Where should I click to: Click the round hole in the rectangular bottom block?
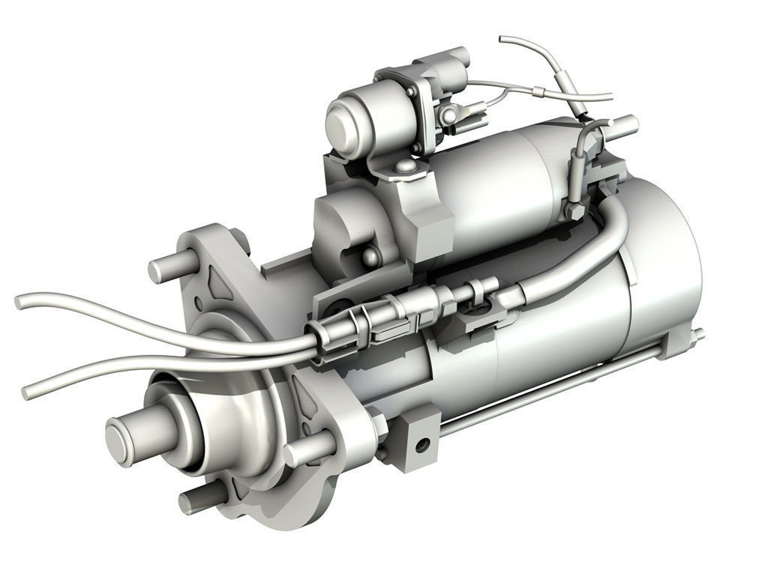click(422, 444)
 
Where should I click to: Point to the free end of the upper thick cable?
click(21, 301)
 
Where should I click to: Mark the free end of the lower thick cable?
click(28, 392)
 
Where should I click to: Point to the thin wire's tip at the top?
click(503, 38)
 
